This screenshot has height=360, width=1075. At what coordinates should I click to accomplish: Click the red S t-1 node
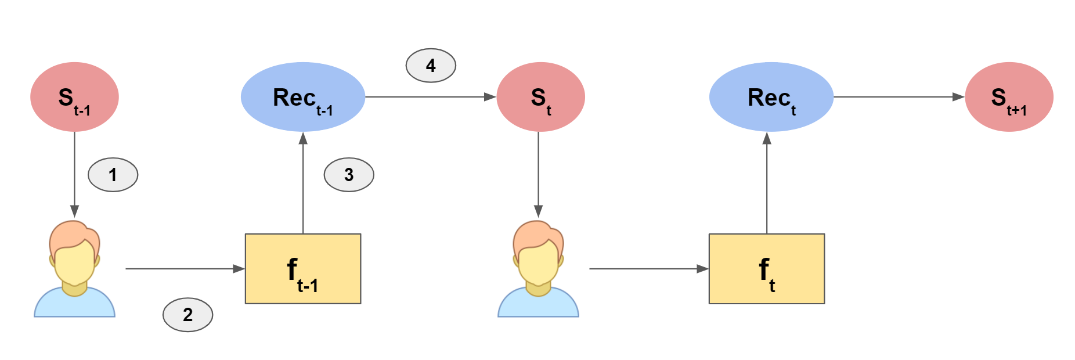coord(74,97)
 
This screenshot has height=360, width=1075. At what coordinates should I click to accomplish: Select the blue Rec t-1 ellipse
coord(303,97)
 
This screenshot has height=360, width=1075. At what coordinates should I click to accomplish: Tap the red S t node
coord(540,97)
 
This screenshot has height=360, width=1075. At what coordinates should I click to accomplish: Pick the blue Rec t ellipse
coord(771,97)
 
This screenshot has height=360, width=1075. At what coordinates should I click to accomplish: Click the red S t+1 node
coord(1009,97)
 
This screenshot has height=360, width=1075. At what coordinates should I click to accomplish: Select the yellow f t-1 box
coord(303,269)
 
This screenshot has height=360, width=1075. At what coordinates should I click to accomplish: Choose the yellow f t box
coord(767,269)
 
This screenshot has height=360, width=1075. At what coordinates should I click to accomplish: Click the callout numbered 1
coord(113,174)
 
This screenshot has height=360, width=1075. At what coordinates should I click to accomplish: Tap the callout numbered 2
coord(187,315)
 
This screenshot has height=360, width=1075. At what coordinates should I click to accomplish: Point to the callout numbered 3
coord(349,174)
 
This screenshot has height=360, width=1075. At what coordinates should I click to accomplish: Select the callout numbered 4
coord(431,66)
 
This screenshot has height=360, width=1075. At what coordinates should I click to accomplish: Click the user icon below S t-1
coord(74,269)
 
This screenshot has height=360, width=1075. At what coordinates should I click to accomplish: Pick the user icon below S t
coord(538,269)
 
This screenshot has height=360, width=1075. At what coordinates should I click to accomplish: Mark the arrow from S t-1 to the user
coord(74,175)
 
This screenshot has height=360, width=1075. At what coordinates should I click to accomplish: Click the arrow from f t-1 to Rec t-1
coord(303,183)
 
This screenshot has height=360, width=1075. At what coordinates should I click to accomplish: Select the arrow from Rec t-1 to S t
coord(431,97)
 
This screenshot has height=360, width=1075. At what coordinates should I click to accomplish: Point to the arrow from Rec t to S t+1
coord(899,97)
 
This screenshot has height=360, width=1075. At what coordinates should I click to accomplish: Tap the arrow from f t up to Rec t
coord(767,183)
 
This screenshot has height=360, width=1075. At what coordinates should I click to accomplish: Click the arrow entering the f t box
coord(649,269)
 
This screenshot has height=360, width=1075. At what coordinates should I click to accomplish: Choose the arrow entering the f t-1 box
coord(185,269)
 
